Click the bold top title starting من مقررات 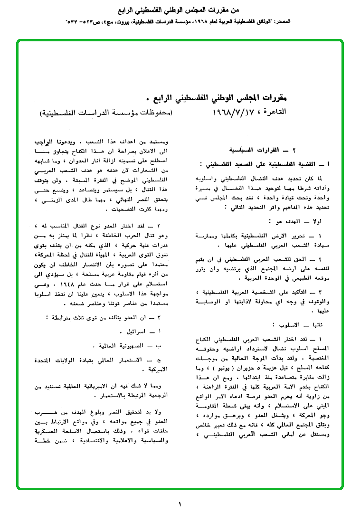coord(180,9)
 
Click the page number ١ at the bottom coord(180,504)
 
